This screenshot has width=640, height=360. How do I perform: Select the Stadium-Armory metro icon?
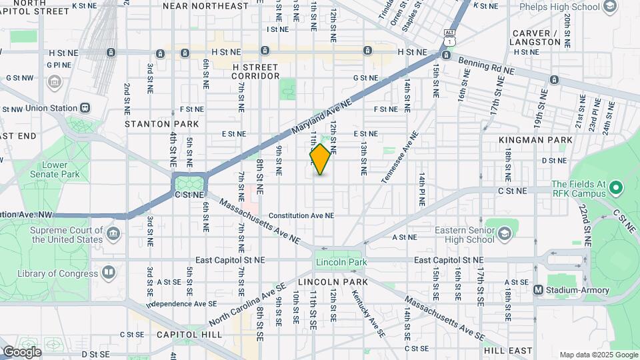point(538,290)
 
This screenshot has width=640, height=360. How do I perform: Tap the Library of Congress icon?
point(108,272)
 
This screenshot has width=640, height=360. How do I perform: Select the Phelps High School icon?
point(609,7)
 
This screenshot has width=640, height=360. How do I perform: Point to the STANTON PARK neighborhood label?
point(162,124)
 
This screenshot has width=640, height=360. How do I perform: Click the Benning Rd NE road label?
point(487,65)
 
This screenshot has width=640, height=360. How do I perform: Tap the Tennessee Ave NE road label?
point(400,157)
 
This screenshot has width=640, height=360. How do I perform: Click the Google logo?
point(22,351)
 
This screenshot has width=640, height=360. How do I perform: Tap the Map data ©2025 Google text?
point(598,355)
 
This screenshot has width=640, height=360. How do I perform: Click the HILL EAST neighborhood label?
point(508,351)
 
